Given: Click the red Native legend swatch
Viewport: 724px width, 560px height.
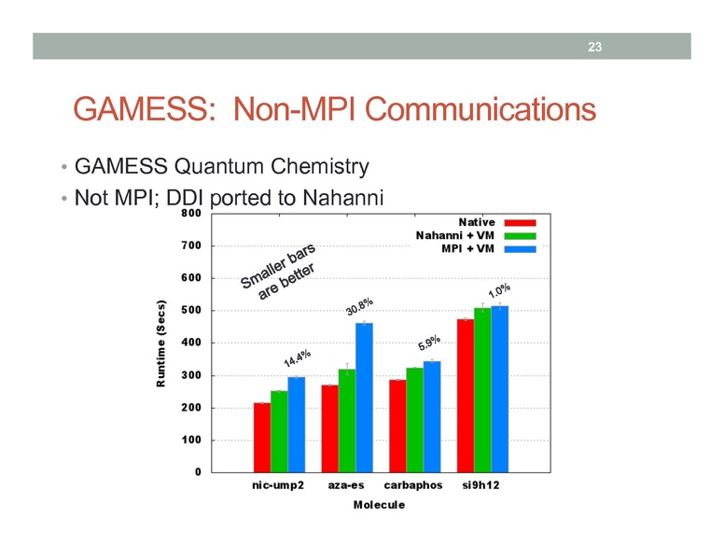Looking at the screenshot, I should click(519, 223).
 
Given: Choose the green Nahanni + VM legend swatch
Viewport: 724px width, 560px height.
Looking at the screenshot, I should click(519, 236).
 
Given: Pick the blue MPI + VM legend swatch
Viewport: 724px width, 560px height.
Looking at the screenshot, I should click(519, 249).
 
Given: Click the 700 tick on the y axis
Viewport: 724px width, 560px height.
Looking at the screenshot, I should click(193, 245).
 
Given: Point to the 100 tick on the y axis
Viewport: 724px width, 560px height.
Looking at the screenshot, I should click(193, 440).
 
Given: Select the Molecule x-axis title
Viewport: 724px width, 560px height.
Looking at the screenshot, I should click(379, 505).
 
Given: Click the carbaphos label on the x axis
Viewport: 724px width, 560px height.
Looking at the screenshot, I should click(415, 487).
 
